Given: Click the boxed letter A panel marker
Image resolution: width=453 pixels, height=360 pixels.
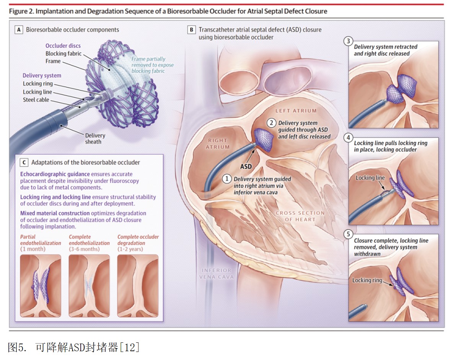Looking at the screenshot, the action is click(19, 30).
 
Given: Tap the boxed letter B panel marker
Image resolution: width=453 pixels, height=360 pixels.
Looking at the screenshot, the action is click(191, 30).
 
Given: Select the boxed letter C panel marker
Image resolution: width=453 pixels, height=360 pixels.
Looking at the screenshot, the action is click(24, 162).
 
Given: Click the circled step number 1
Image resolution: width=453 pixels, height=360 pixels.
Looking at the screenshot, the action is click(227, 179).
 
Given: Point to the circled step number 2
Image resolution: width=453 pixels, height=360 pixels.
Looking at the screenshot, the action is click(271, 123).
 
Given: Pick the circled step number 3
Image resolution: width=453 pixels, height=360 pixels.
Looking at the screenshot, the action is click(348, 41).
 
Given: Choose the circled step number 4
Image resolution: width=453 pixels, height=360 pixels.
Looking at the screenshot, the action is click(348, 137).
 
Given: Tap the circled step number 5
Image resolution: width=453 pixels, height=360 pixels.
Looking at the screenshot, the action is click(348, 234).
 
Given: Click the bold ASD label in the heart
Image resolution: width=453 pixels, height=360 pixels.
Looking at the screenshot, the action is click(246, 166).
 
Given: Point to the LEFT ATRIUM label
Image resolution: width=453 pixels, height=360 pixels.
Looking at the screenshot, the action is click(296, 111).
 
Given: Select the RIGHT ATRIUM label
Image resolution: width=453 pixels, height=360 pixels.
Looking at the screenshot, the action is click(218, 143).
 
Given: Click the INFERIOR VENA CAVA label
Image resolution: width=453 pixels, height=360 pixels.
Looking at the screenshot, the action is click(217, 274).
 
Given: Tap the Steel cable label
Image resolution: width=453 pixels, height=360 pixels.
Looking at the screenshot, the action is click(36, 100).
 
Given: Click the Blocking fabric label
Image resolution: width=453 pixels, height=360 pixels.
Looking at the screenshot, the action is click(64, 54).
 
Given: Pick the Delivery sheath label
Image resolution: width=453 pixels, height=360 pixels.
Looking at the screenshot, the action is click(95, 138).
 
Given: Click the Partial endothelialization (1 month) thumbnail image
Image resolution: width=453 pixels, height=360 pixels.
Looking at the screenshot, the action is click(41, 286).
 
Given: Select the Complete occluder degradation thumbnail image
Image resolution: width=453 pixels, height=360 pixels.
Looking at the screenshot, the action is click(138, 286).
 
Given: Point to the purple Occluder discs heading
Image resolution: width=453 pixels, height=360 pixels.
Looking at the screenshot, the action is click(63, 46).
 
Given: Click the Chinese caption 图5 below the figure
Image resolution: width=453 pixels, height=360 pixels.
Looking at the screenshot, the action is click(73, 347).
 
